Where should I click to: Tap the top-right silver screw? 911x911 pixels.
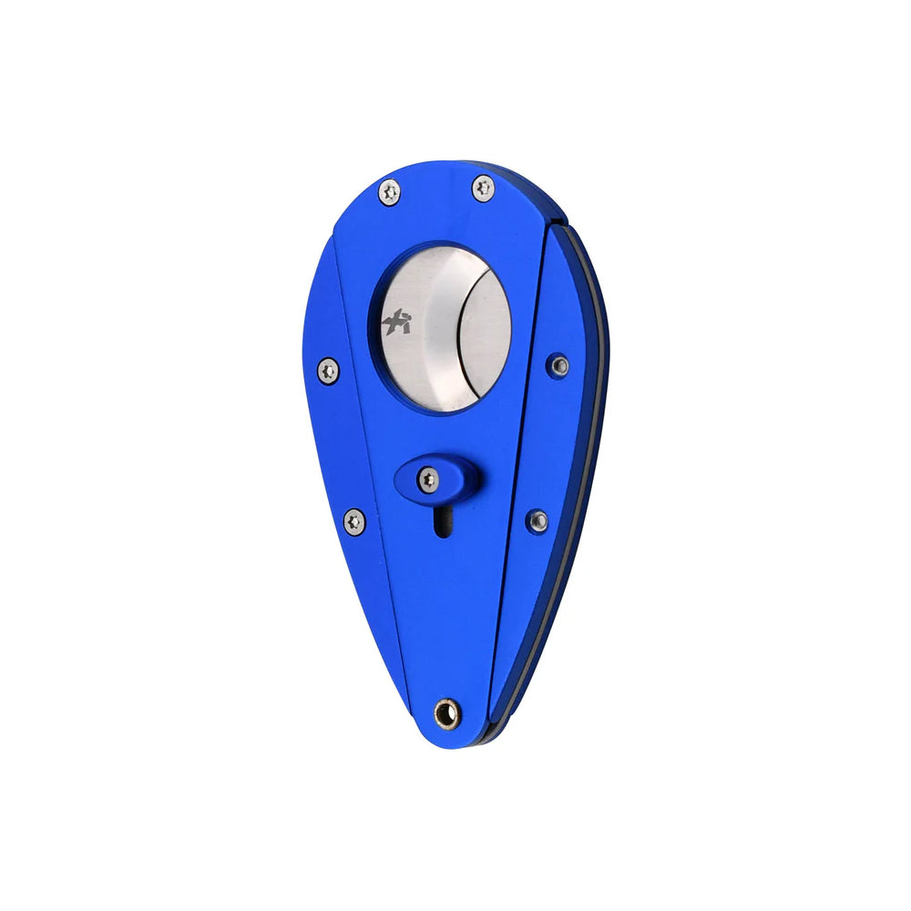coord(483,188)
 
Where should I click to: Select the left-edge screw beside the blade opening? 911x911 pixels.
coord(329,370)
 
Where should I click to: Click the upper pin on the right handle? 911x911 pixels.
coord(559,365)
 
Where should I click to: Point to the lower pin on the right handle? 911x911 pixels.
coord(538,520)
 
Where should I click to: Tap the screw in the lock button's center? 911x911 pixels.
coord(428,477)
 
